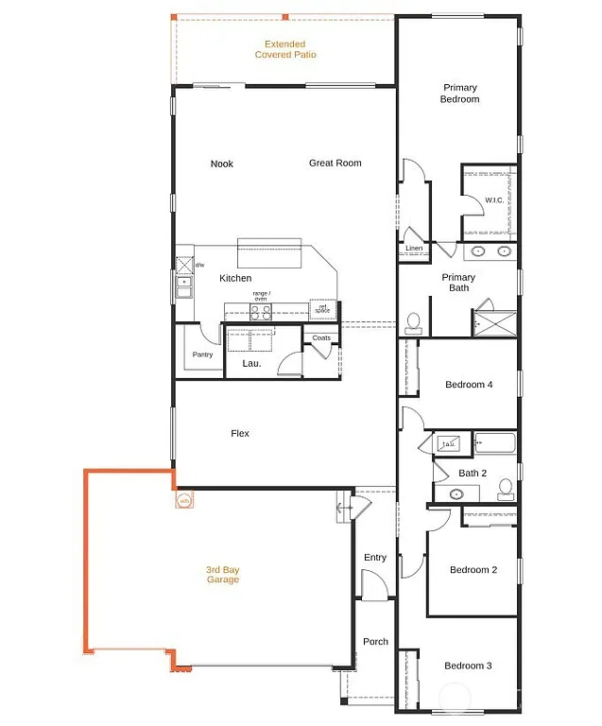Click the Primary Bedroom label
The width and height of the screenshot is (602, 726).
[460, 94]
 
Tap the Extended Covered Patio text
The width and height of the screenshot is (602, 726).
[285, 49]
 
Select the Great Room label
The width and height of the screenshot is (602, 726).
[335, 164]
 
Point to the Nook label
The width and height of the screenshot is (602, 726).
[221, 164]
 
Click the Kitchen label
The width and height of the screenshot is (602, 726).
[235, 278]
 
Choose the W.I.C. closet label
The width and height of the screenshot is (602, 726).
[496, 200]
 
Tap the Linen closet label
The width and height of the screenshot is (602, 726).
[414, 249]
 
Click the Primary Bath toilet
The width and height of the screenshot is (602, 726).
[412, 323]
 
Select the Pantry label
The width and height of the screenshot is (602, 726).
[202, 355]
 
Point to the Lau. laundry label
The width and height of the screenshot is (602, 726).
[251, 363]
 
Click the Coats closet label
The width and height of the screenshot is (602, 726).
[320, 337]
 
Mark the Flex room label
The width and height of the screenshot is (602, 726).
[240, 433]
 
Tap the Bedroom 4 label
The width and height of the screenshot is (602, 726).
[469, 385]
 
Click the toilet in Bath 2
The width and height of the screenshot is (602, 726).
[506, 489]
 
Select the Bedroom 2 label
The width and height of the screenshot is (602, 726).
[473, 570]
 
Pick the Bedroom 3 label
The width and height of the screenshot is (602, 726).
[469, 665]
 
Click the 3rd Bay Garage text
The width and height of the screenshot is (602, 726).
[222, 575]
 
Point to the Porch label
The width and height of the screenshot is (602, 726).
[375, 642]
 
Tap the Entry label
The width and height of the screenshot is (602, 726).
[375, 558]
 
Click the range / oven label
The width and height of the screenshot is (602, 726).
[261, 296]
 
